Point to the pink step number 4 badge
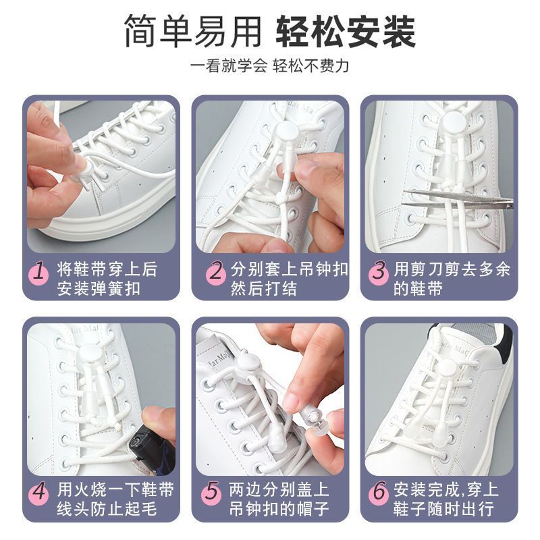pyautogui.click(x=40, y=493)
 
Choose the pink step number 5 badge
pyautogui.click(x=212, y=493)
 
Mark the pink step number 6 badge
pyautogui.click(x=379, y=493)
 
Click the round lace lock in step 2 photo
pyautogui.click(x=286, y=132)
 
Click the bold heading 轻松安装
pyautogui.click(x=346, y=31)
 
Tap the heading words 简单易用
pyautogui.click(x=193, y=31)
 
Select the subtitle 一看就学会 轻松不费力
pyautogui.click(x=269, y=66)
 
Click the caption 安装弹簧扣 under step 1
pyautogui.click(x=99, y=289)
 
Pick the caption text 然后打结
pyautogui.click(x=264, y=289)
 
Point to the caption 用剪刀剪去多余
pyautogui.click(x=452, y=269)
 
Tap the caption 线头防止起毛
pyautogui.click(x=107, y=509)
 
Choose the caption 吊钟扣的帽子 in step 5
pyautogui.click(x=279, y=509)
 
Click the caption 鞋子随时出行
pyautogui.click(x=443, y=509)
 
